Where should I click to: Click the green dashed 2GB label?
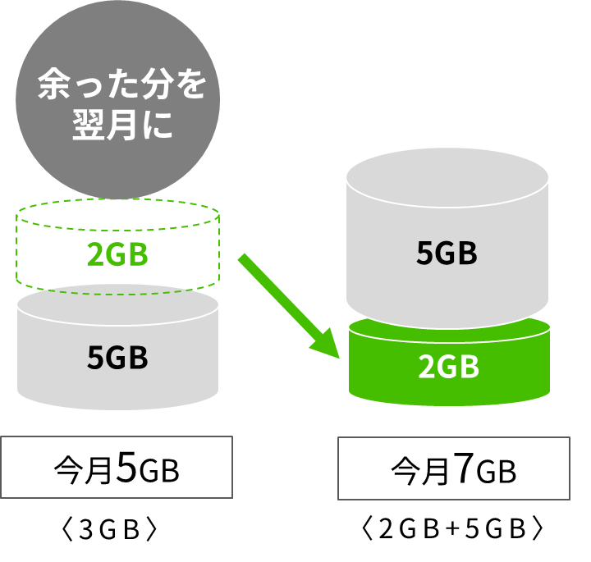click(117, 254)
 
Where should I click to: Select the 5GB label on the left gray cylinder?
click(117, 357)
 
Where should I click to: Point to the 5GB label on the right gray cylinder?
click(447, 253)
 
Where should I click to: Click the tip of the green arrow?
click(340, 358)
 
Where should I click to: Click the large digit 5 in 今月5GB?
click(126, 467)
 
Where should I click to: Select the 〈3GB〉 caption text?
click(109, 529)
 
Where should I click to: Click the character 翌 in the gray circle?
click(88, 125)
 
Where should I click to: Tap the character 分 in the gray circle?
click(157, 84)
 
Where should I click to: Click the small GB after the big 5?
click(158, 471)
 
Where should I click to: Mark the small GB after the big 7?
click(496, 473)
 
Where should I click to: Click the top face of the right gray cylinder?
click(447, 178)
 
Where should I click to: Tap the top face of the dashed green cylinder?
click(117, 215)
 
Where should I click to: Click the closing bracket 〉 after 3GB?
click(152, 530)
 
